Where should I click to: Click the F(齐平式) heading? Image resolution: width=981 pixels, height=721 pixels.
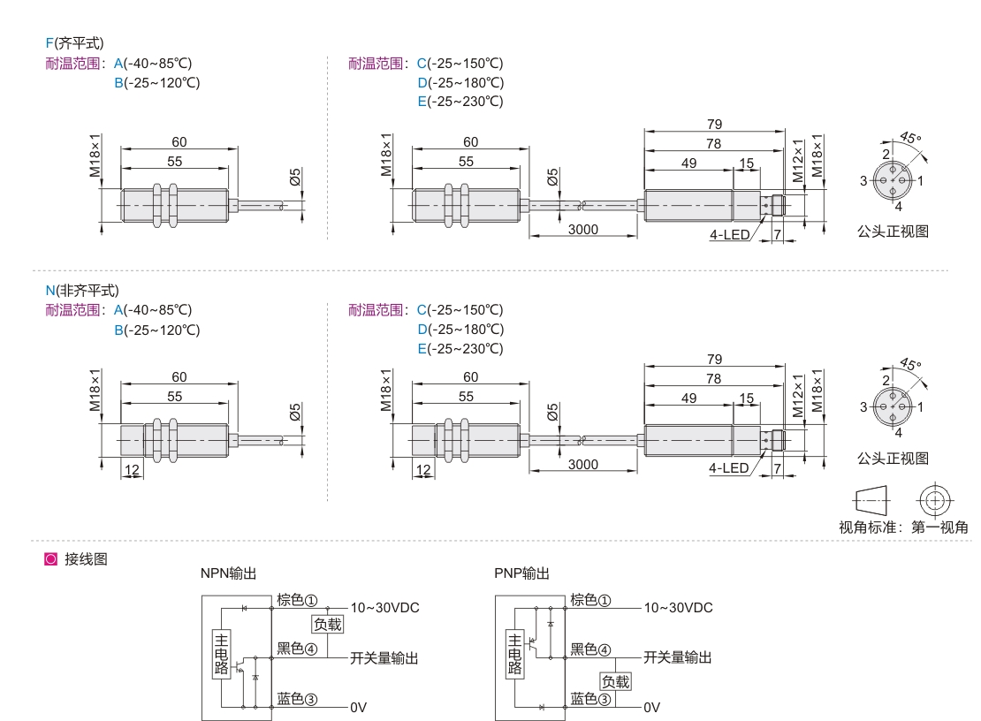click(74, 43)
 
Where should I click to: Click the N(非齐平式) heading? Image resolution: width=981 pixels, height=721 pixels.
click(82, 290)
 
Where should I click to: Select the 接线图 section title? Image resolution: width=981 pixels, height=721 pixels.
click(86, 559)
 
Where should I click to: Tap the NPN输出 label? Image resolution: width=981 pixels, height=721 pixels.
click(228, 573)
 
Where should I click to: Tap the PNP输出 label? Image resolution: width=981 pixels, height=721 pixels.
click(521, 573)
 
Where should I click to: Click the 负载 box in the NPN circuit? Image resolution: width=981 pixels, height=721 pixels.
click(328, 624)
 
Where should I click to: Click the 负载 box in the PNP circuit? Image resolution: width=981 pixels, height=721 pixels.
click(616, 681)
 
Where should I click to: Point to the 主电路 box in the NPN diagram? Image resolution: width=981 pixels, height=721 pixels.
click(222, 654)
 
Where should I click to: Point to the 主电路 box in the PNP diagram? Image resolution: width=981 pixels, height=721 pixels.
click(514, 654)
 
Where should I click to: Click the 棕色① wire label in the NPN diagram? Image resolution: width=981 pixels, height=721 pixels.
click(297, 600)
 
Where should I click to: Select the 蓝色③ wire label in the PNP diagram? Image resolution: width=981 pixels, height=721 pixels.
click(590, 699)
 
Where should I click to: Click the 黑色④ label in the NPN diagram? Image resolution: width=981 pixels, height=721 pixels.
click(297, 649)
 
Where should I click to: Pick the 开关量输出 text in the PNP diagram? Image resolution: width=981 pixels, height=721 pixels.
click(678, 657)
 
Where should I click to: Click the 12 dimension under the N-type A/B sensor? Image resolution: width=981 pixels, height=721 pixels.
click(132, 469)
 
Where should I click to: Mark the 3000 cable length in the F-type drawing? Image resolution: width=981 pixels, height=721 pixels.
click(583, 230)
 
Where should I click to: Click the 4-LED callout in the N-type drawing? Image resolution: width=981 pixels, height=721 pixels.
click(729, 468)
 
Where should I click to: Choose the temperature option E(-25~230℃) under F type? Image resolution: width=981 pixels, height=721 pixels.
click(460, 102)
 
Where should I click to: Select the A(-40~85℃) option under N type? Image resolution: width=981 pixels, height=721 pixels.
click(153, 310)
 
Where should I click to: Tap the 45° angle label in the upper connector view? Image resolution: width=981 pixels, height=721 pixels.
click(910, 138)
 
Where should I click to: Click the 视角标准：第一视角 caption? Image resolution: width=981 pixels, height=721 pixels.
click(903, 527)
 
